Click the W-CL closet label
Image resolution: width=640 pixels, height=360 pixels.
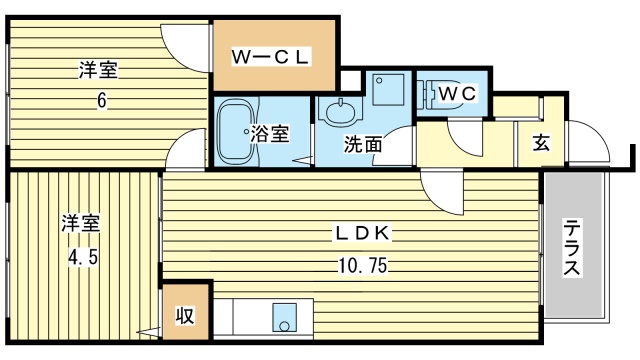click(273, 55)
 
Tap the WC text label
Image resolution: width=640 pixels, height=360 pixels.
click(460, 93)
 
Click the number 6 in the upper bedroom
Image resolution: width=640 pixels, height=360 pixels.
click(101, 101)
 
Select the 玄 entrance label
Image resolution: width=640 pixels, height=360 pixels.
click(541, 141)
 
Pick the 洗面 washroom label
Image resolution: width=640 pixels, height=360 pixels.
click(363, 143)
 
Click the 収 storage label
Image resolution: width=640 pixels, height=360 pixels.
click(187, 316)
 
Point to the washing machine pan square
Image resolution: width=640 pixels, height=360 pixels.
click(387, 91)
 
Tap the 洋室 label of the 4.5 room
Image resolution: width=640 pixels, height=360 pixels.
click(84, 223)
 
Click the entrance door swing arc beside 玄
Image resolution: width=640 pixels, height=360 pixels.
click(589, 145)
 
